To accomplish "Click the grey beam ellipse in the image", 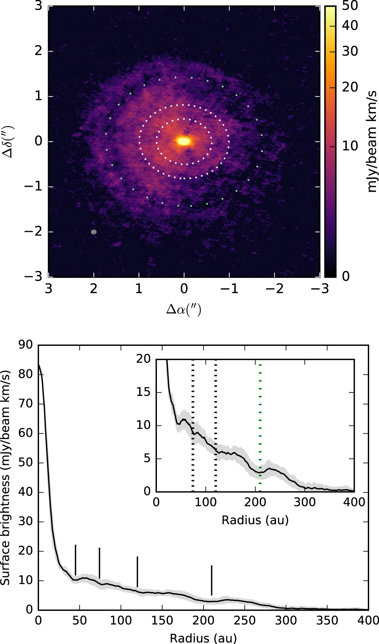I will pos(94,232).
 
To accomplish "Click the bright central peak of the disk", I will pos(184,141).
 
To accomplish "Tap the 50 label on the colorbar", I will pos(350,6).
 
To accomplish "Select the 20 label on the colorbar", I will pos(350,87).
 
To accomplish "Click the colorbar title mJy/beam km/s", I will pos(372,141).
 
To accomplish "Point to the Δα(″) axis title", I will pos(184,310).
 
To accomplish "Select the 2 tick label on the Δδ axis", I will pos(38,51).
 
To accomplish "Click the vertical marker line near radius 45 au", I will pos(75,560).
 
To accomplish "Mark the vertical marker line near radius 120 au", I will pos(137,572).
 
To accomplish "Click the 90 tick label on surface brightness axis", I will pos(25,345).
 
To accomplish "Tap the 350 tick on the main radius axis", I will pos(327,621).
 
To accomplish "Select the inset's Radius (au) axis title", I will pos(255,520).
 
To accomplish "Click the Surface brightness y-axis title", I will pos(5,477).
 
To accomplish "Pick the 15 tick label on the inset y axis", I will pos(144,392).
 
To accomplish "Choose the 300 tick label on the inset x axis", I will pos(305,502).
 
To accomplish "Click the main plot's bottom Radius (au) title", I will pos(203,638).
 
